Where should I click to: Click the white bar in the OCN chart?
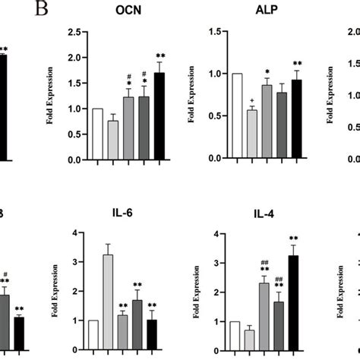(97, 134)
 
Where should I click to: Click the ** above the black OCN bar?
(160, 56)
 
